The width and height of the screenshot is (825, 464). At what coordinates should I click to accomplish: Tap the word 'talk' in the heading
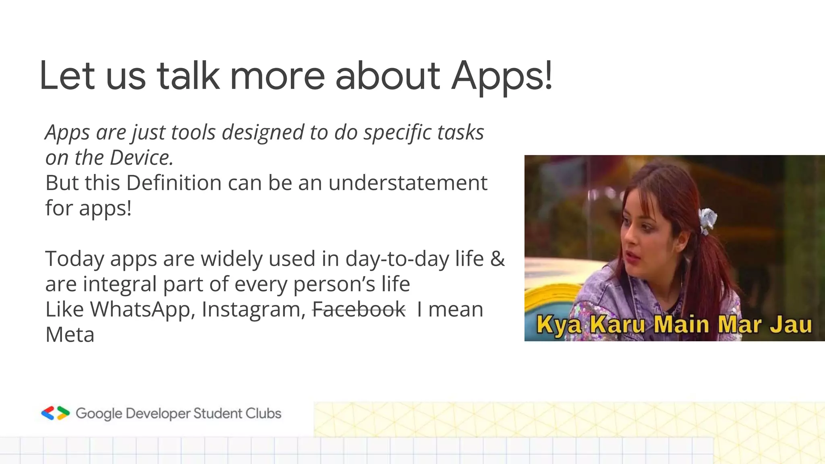click(x=188, y=76)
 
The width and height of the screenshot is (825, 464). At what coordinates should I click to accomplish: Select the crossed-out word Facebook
click(x=359, y=309)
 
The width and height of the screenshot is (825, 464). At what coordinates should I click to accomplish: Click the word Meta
click(x=70, y=335)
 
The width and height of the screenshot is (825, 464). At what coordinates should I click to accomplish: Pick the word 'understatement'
click(x=408, y=183)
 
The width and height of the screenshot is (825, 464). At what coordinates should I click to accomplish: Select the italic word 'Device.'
click(x=141, y=157)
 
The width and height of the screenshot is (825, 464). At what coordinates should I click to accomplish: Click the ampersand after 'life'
click(x=497, y=259)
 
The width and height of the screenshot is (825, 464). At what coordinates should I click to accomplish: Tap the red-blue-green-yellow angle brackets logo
click(x=55, y=413)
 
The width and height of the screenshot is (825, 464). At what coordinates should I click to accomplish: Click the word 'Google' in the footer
click(x=99, y=414)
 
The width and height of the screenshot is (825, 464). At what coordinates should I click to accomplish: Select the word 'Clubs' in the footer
click(x=263, y=413)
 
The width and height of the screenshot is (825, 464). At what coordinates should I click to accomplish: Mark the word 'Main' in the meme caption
click(x=681, y=325)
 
